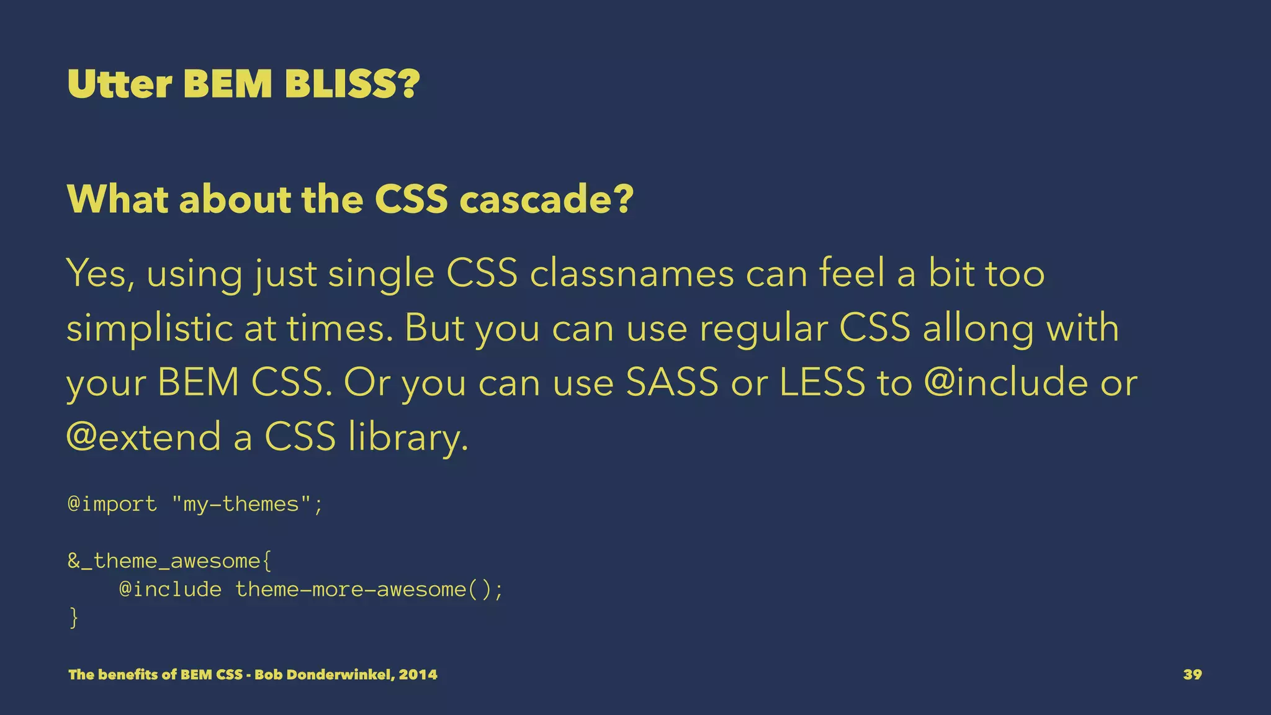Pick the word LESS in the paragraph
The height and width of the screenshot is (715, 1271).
tap(822, 382)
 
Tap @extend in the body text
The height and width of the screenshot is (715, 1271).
tap(143, 436)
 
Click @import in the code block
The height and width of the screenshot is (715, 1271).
tap(112, 504)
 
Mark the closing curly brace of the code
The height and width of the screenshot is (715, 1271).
tap(74, 618)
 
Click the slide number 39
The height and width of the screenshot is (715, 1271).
tap(1192, 675)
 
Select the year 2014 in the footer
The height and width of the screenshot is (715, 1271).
tap(418, 675)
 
